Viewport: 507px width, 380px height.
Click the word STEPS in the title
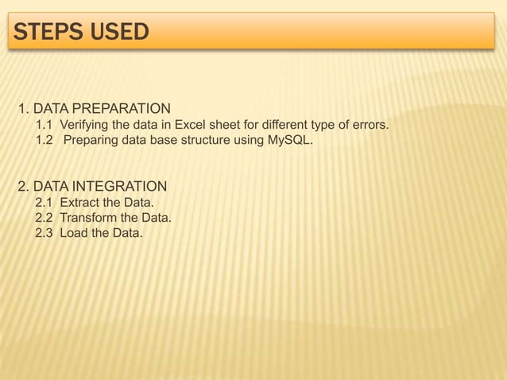(45, 33)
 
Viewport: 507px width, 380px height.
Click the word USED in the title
(118, 33)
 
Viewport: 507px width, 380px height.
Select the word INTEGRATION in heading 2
(118, 187)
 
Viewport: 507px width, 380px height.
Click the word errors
(370, 125)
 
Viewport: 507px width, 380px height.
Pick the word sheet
(224, 125)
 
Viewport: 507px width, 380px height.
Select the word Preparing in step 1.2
(91, 141)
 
